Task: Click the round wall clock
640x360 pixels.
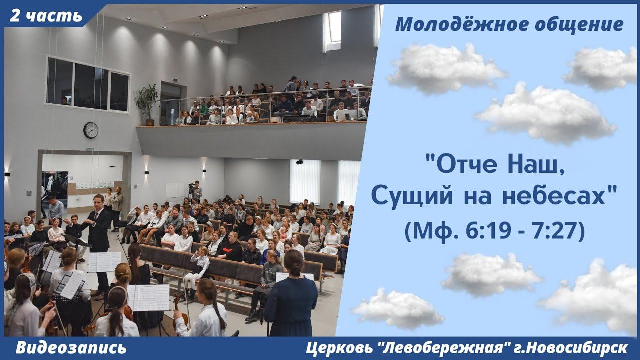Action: tap(91, 130)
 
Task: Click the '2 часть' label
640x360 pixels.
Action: tap(46, 15)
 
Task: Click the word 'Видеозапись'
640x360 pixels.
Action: tap(71, 348)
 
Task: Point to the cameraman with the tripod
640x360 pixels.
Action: tap(196, 191)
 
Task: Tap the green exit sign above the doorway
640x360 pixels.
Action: tap(90, 149)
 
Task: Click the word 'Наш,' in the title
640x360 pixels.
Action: tap(535, 163)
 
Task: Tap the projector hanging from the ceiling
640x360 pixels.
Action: tap(299, 162)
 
